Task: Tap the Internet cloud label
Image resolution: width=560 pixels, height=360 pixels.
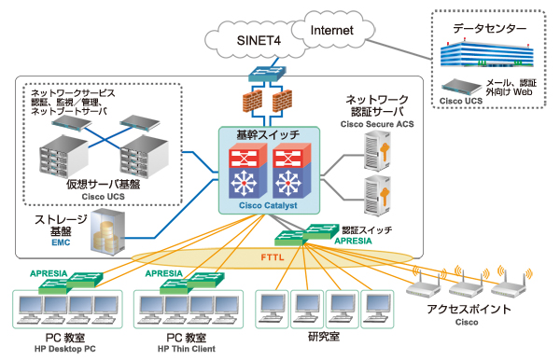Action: pyautogui.click(x=331, y=31)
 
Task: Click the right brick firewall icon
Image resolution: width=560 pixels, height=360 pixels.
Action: pyautogui.click(x=281, y=100)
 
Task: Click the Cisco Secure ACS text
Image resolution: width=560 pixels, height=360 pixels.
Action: pyautogui.click(x=376, y=122)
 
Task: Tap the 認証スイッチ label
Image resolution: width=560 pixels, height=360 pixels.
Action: pyautogui.click(x=367, y=228)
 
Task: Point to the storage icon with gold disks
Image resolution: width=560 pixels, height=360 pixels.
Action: pyautogui.click(x=108, y=230)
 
